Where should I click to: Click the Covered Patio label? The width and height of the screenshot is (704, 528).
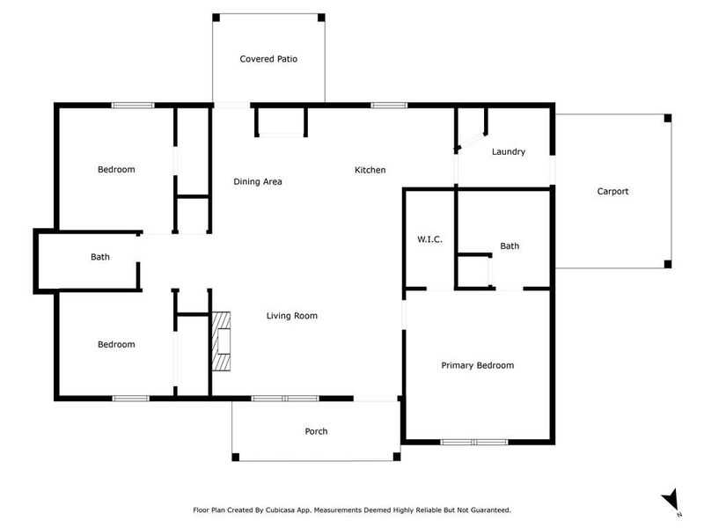pos(268,60)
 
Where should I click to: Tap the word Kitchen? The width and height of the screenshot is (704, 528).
pos(370,170)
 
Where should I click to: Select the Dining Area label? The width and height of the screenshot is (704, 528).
pos(257,182)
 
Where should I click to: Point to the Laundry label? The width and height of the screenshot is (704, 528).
pos(508,151)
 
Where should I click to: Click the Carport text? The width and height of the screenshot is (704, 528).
pos(612,191)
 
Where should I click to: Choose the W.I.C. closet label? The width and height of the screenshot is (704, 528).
pos(429,240)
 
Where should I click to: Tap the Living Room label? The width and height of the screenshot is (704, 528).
pos(292,316)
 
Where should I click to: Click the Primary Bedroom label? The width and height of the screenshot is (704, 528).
pos(477,365)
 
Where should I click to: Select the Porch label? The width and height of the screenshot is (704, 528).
pos(316,431)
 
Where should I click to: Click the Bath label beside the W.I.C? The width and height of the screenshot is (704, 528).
pos(510,246)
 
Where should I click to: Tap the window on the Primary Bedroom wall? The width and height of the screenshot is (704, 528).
pos(473,441)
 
